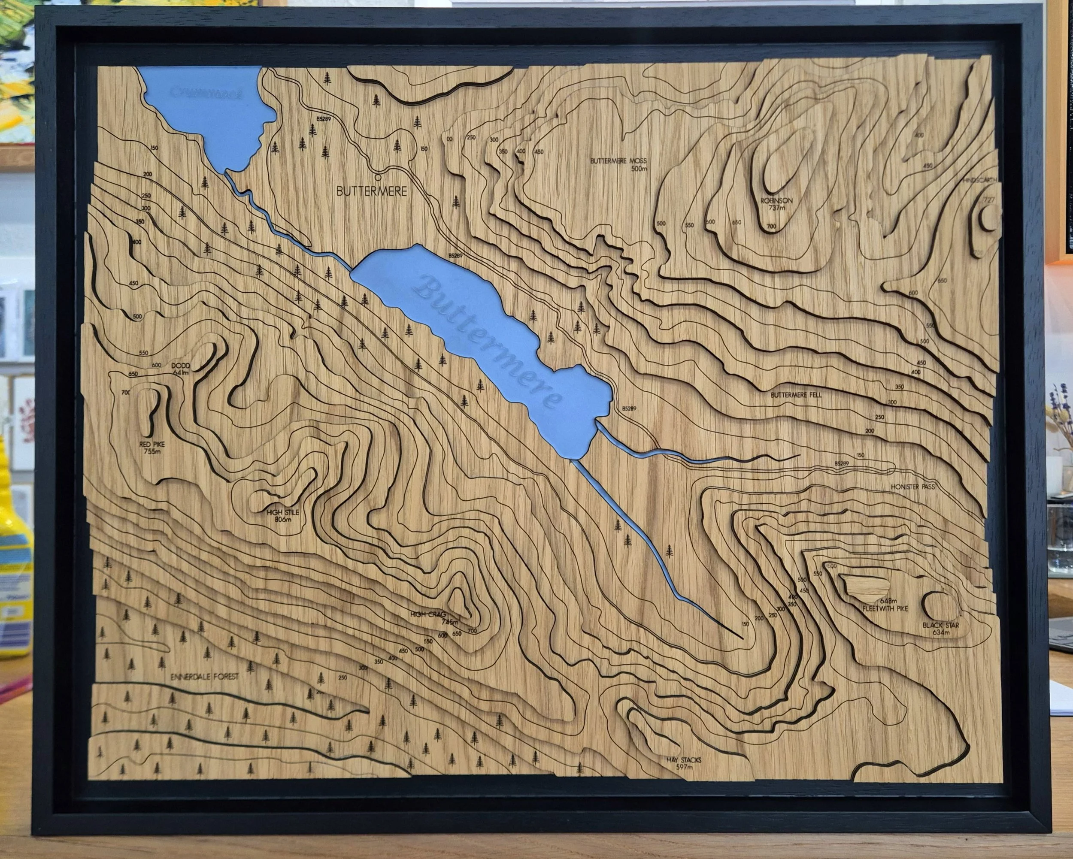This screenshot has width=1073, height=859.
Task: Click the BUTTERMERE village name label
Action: pos(371,191)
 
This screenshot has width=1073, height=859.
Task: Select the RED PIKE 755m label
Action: pos(152,448)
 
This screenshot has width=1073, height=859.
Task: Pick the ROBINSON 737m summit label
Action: pos(776,204)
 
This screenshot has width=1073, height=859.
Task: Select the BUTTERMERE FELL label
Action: pos(796,395)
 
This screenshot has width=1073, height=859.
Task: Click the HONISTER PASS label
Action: pos(913,487)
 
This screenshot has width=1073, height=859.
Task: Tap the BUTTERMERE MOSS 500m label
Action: pos(618,165)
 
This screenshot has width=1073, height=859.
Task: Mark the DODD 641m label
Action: pos(182,369)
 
